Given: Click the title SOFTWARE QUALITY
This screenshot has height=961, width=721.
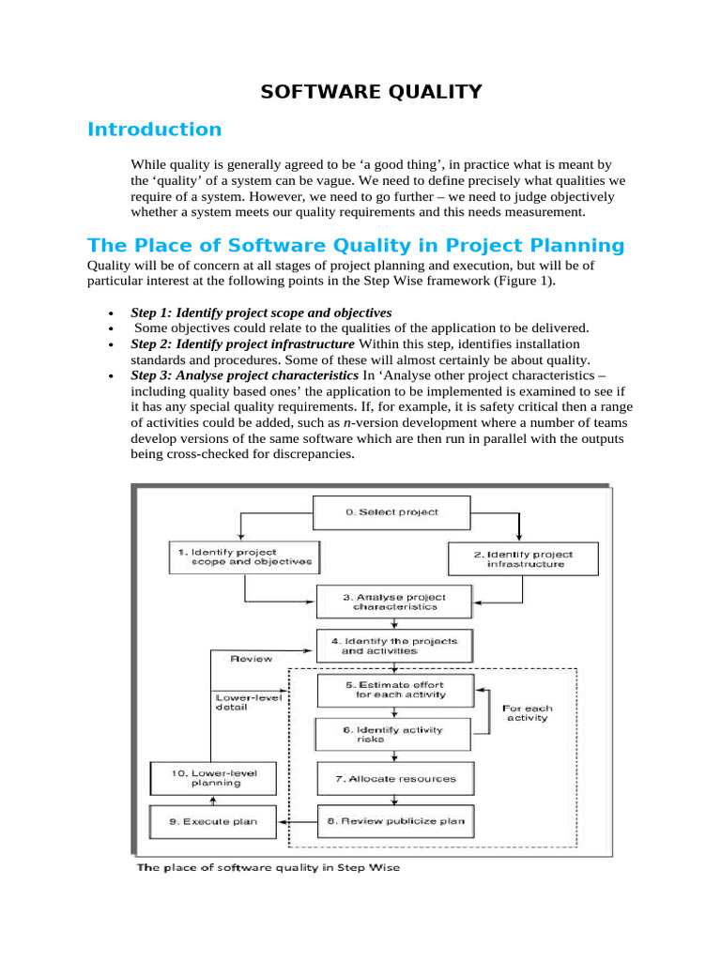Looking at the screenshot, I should (x=371, y=91).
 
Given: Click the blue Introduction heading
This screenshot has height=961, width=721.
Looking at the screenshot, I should (x=154, y=130).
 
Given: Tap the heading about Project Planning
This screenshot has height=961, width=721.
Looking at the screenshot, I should (x=355, y=246).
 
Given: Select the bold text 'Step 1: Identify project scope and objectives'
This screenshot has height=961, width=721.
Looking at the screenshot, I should (x=261, y=312).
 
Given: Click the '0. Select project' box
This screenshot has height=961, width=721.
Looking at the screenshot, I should (x=391, y=512).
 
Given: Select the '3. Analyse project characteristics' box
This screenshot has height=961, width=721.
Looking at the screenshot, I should (x=394, y=602).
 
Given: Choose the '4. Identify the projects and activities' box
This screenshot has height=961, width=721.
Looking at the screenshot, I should (x=394, y=646).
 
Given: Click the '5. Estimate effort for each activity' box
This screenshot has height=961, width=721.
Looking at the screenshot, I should (x=394, y=690).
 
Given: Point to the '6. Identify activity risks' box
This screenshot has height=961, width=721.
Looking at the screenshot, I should (x=391, y=734).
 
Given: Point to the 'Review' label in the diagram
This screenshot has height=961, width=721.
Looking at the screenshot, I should (x=252, y=659).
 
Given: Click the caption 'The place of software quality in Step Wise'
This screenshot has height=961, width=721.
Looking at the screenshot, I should (x=268, y=868).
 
